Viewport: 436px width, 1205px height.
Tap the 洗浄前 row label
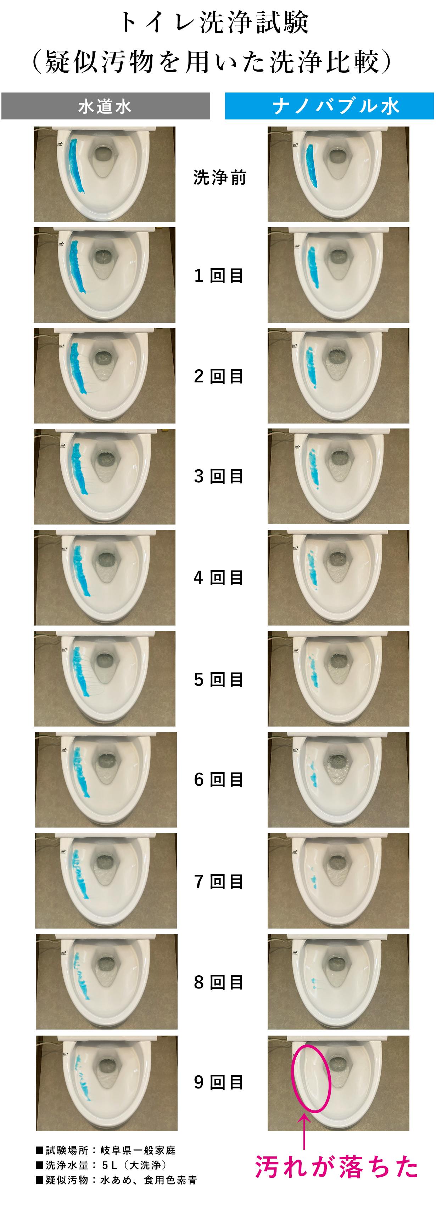click(219, 178)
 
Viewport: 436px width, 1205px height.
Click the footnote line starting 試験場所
click(106, 1150)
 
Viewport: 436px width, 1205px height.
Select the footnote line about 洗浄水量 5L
click(101, 1165)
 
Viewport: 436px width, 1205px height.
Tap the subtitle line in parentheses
click(212, 62)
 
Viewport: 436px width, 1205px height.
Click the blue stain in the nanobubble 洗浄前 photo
click(312, 167)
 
